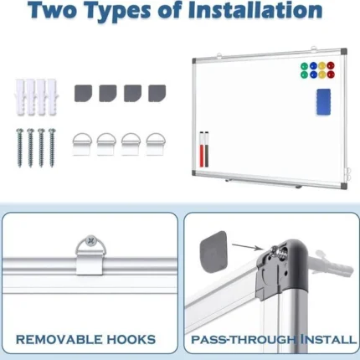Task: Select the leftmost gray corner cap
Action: (x=83, y=91)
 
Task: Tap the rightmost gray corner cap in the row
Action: (x=157, y=91)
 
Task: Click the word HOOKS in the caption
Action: (x=129, y=339)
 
